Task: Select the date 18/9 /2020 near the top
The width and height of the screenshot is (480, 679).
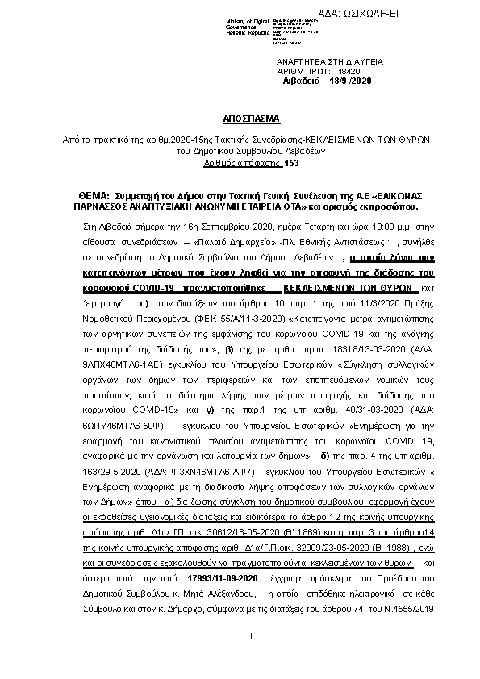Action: (347, 81)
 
